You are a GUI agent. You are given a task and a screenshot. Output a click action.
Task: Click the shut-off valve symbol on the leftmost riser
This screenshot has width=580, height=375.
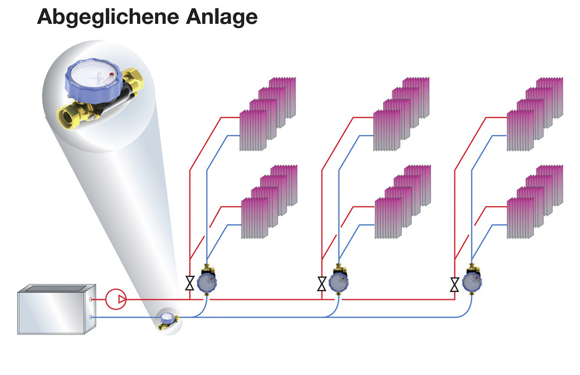tap(190, 285)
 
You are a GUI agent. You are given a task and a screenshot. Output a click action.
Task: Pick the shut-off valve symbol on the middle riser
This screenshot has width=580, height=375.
tap(323, 285)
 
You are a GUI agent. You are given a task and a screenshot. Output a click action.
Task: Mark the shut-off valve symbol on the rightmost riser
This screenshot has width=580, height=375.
tap(455, 285)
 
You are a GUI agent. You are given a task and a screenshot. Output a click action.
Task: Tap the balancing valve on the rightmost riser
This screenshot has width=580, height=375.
tap(472, 281)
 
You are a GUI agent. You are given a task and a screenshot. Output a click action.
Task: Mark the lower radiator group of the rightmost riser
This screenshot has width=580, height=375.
tap(535, 199)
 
